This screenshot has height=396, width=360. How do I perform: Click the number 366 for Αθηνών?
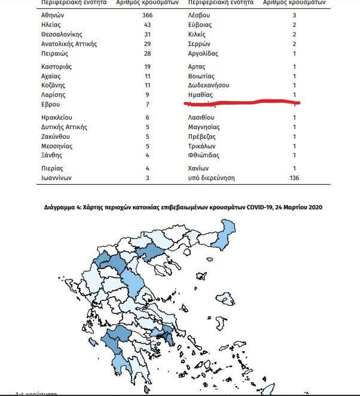[x=147, y=15]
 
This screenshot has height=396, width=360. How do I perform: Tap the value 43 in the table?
[x=147, y=25]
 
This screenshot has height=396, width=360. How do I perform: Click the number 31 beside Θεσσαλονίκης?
[x=147, y=34]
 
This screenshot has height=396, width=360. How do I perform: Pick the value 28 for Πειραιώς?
[x=147, y=53]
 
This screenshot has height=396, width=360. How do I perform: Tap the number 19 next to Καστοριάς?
[x=147, y=66]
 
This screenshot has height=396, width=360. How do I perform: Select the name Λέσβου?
[x=199, y=15]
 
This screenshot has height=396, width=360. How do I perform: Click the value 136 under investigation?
[x=294, y=178]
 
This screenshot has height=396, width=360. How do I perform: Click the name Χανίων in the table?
[x=198, y=168]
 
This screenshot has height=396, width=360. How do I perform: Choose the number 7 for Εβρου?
[x=147, y=105]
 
